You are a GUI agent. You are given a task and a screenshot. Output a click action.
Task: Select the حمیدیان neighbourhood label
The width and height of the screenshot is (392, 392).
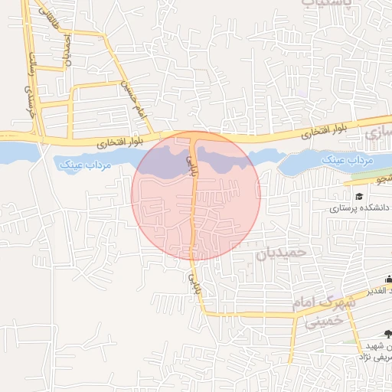point(281,253)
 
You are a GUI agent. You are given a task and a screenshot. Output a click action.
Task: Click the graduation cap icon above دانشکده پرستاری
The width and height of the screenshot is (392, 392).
point(360,197)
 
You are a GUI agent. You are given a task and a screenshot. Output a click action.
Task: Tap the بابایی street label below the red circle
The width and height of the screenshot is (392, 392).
point(193,281)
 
